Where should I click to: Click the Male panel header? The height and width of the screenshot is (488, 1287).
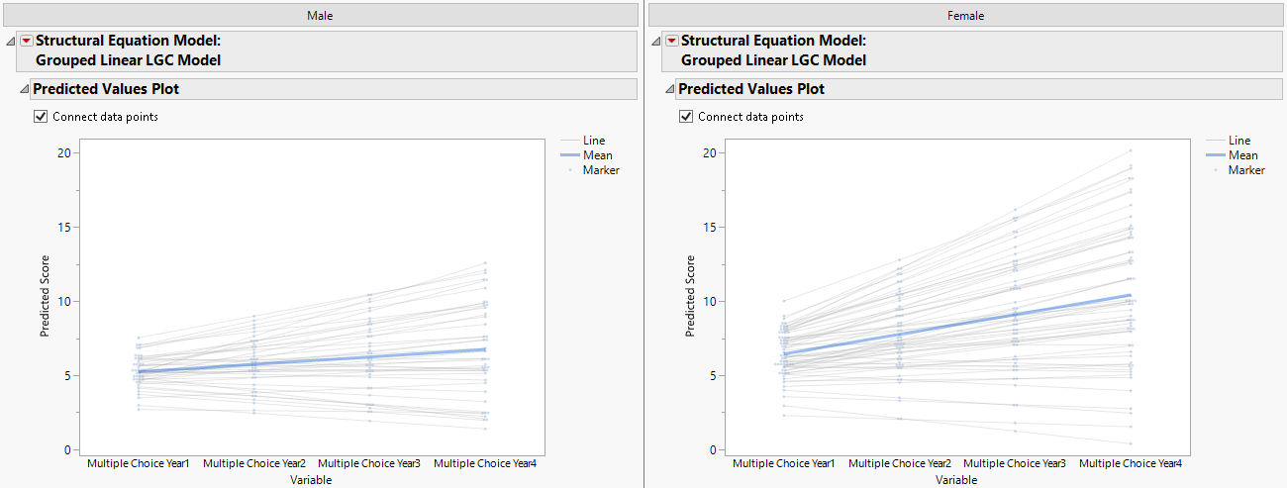pyautogui.click(x=319, y=14)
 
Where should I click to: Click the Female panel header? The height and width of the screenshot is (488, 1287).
pyautogui.click(x=964, y=14)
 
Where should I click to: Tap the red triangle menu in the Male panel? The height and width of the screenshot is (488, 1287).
pyautogui.click(x=27, y=41)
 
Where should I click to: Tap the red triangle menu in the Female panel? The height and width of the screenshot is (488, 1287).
pyautogui.click(x=672, y=41)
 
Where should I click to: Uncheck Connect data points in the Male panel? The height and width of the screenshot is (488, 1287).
pyautogui.click(x=41, y=117)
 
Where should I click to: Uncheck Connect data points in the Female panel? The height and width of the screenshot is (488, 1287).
pyautogui.click(x=686, y=117)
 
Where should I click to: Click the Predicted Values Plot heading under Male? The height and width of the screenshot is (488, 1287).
pyautogui.click(x=106, y=89)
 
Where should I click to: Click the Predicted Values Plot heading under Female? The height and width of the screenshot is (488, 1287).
pyautogui.click(x=751, y=89)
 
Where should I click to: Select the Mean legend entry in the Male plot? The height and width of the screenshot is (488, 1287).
pyautogui.click(x=597, y=155)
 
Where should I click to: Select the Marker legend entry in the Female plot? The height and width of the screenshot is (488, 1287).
pyautogui.click(x=1246, y=170)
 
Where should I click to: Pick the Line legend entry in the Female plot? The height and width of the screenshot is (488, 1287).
pyautogui.click(x=1239, y=141)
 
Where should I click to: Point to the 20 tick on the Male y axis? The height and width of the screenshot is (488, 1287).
pyautogui.click(x=64, y=152)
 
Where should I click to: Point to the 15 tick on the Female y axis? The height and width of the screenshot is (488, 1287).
pyautogui.click(x=710, y=227)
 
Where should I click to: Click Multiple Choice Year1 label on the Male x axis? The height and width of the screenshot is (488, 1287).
pyautogui.click(x=139, y=463)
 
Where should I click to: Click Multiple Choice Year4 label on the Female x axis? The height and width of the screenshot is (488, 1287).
pyautogui.click(x=1131, y=463)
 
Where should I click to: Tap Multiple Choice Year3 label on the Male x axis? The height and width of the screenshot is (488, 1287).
pyautogui.click(x=369, y=463)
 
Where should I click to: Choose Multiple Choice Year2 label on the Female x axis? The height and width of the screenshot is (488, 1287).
pyautogui.click(x=900, y=463)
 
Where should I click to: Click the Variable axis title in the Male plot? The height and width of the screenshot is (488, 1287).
pyautogui.click(x=311, y=480)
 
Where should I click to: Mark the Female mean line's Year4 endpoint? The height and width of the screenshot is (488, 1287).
pyautogui.click(x=1131, y=295)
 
